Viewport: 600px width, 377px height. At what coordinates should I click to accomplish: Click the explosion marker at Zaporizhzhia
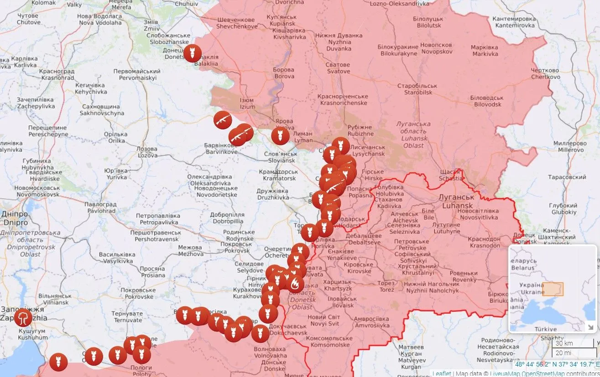(x=23, y=317)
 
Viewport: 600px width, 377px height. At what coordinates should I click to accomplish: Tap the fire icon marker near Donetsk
(x=295, y=284)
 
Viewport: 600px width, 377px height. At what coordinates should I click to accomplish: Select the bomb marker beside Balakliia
(x=192, y=53)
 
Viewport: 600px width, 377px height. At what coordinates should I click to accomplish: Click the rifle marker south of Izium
(x=223, y=120)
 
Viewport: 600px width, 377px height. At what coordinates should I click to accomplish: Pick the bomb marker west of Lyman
(x=280, y=135)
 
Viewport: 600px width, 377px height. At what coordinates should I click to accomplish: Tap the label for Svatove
(x=338, y=68)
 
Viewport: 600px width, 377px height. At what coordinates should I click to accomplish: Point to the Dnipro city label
(x=16, y=218)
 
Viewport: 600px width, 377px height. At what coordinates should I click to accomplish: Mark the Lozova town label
(x=147, y=152)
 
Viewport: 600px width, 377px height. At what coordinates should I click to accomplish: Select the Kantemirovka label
(x=514, y=22)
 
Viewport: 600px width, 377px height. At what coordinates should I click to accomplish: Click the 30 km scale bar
(x=567, y=343)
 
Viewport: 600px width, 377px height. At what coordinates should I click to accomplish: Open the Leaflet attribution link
(x=442, y=373)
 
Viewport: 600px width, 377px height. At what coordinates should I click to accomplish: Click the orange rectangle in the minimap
(x=553, y=289)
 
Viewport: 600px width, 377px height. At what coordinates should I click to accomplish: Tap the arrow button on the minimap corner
(x=590, y=326)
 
